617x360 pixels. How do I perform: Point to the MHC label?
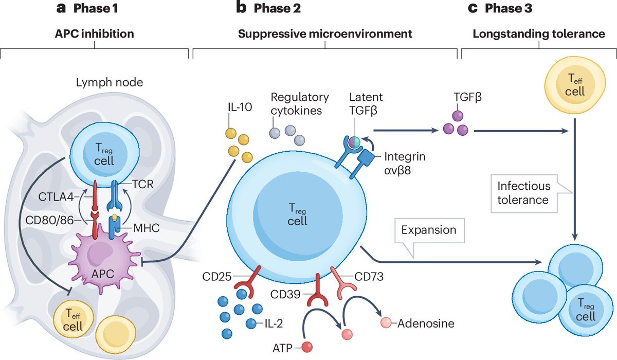coord(147,226)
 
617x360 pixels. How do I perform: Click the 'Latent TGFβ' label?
coord(366,103)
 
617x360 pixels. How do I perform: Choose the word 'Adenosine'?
coord(427,323)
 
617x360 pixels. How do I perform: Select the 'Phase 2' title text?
coord(269,8)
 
